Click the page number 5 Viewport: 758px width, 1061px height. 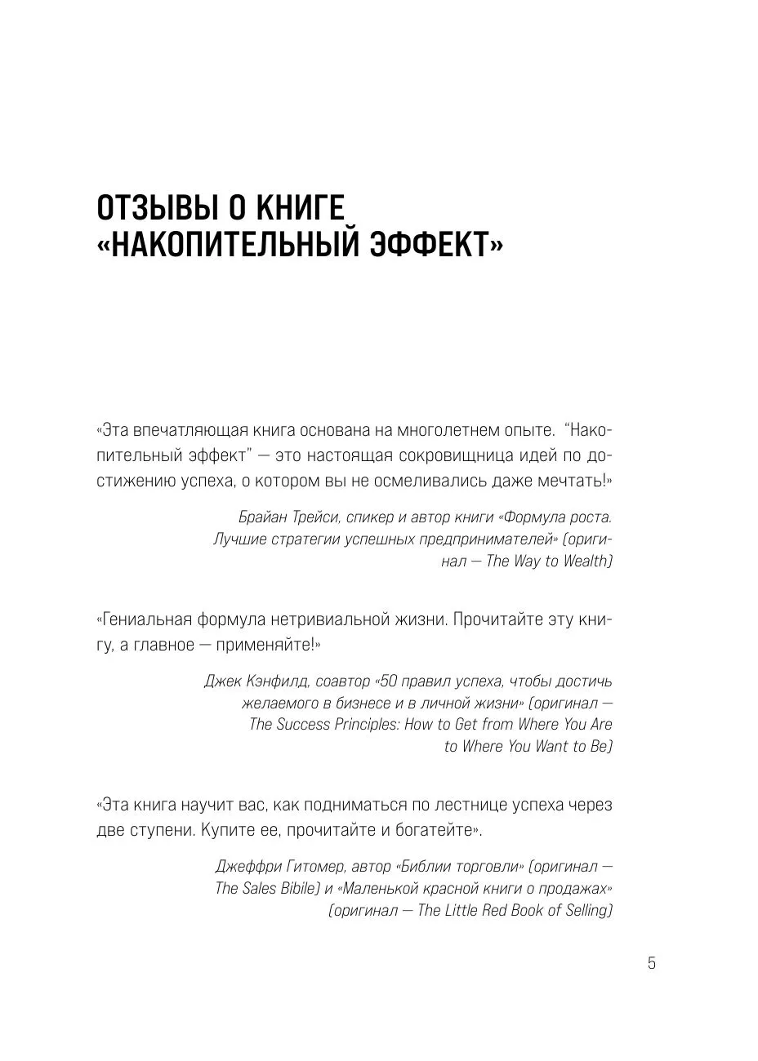click(651, 963)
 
